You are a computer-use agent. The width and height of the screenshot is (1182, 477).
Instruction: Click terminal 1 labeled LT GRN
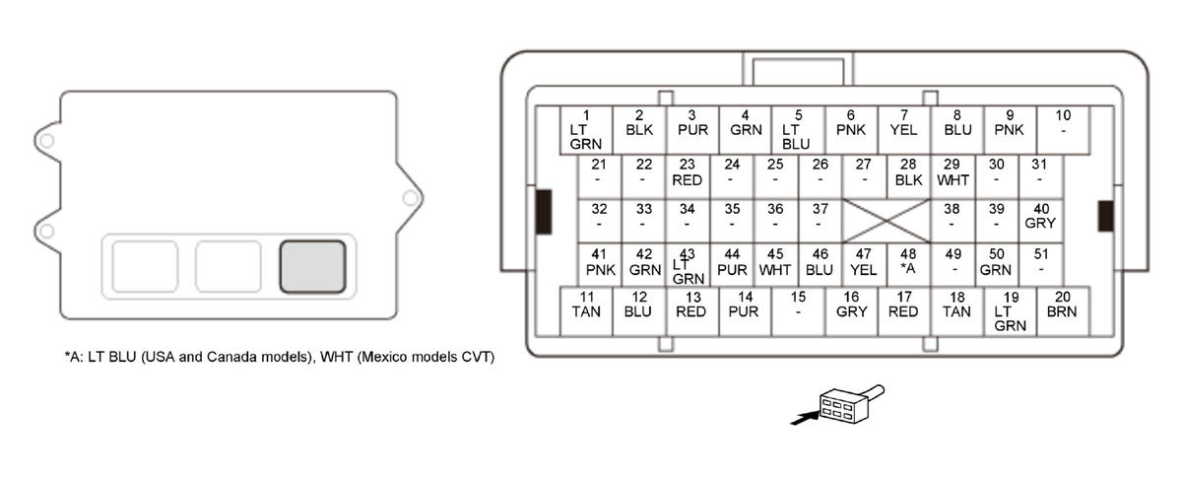(x=586, y=129)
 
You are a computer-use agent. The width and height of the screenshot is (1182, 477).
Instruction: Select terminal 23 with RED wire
(x=688, y=172)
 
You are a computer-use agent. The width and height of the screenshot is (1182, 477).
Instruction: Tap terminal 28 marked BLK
(x=908, y=172)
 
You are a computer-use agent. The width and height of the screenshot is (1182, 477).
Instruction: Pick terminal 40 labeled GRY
(x=1040, y=216)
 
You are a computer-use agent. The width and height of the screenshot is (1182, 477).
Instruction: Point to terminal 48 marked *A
(x=908, y=262)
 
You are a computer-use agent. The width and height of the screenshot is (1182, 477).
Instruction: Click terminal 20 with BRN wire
(x=1063, y=311)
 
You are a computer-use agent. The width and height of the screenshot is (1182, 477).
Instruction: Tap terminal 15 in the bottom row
(x=798, y=311)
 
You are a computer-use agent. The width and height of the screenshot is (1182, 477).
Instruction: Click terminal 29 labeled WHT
(x=952, y=172)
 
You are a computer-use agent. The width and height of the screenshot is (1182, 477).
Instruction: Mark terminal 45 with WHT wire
(x=776, y=262)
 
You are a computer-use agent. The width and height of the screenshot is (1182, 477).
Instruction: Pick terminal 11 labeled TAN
(x=586, y=311)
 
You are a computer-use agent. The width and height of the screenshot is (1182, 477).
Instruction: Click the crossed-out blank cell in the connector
(x=886, y=222)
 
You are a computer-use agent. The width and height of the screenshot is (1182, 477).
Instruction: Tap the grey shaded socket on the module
(x=312, y=266)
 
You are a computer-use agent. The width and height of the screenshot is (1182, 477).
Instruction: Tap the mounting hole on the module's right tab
(x=410, y=198)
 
